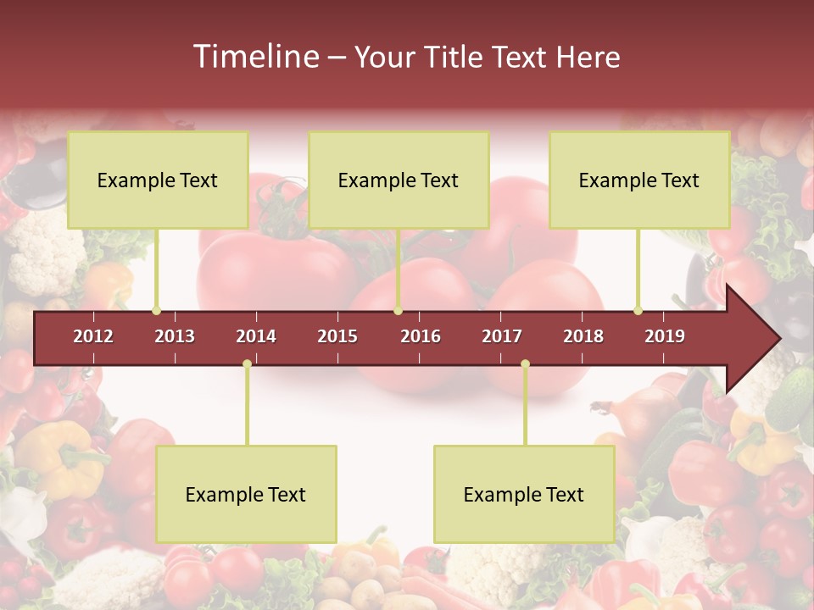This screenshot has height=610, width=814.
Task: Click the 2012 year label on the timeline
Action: [93, 336]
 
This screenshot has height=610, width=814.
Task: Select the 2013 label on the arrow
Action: [175, 336]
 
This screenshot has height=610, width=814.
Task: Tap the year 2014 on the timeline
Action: [256, 336]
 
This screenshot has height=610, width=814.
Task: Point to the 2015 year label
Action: [337, 336]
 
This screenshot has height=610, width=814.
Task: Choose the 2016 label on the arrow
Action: [421, 336]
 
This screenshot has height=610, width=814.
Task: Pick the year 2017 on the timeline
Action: [502, 336]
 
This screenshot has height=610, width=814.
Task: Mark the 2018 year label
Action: [583, 336]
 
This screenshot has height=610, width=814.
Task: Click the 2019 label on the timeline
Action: [665, 336]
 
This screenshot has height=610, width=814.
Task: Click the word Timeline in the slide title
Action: [254, 57]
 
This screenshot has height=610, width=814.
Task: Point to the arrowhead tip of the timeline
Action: [778, 339]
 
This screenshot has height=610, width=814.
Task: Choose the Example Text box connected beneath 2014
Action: [246, 494]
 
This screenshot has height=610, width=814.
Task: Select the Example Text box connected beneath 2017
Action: [524, 494]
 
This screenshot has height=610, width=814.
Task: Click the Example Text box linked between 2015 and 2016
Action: [399, 180]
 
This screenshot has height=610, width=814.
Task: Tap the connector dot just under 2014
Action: [247, 364]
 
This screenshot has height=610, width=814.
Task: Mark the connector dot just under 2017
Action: [525, 364]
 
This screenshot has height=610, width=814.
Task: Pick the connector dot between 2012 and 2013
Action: [156, 311]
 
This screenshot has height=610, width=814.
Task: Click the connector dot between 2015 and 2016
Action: [398, 311]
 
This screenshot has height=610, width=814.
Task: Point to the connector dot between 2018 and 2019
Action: [638, 311]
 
